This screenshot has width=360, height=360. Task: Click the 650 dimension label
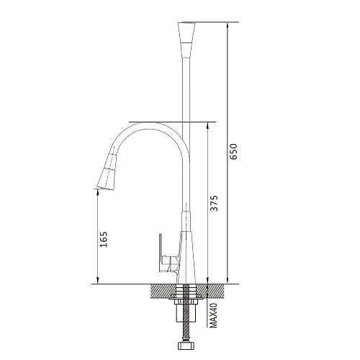[233, 151]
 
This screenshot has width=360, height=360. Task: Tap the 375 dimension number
[214, 203]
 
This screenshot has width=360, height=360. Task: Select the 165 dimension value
[104, 239]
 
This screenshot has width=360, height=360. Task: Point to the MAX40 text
[213, 315]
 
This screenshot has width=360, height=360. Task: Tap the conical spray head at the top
[186, 40]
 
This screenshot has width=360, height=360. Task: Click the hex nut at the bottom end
[186, 346]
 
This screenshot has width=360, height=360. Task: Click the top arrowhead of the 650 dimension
[228, 25]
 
